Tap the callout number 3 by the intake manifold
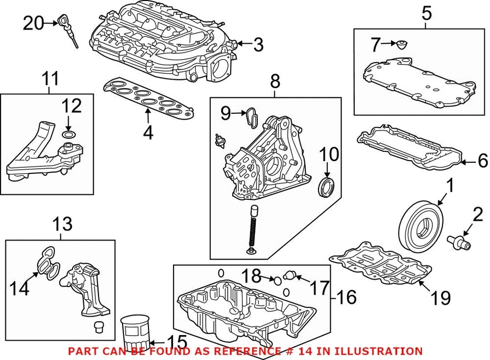click(258, 45)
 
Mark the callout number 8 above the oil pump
click(275, 80)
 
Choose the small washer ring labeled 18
click(276, 279)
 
